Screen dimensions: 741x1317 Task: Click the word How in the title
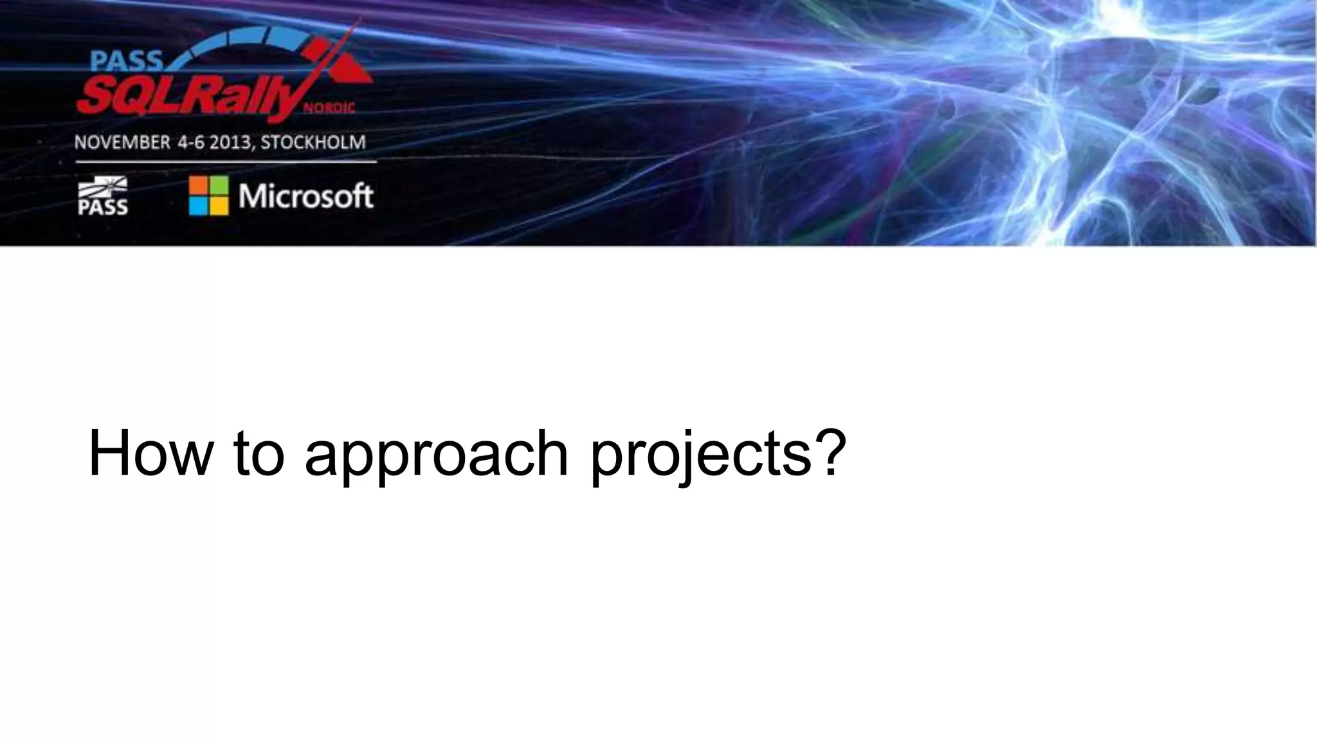[149, 453]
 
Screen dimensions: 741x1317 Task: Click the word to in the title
[259, 453]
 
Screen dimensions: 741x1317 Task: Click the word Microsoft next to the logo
[305, 196]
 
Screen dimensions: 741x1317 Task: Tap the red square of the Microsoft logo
[198, 185]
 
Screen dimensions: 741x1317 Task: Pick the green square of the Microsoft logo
[219, 185]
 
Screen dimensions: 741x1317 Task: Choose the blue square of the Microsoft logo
[198, 206]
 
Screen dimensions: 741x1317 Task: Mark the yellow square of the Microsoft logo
[219, 206]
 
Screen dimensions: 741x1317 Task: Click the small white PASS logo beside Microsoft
[102, 196]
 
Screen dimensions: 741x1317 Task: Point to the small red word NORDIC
[329, 109]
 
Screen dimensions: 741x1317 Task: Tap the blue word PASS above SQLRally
[126, 61]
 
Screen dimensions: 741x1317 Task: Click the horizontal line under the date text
[225, 162]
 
